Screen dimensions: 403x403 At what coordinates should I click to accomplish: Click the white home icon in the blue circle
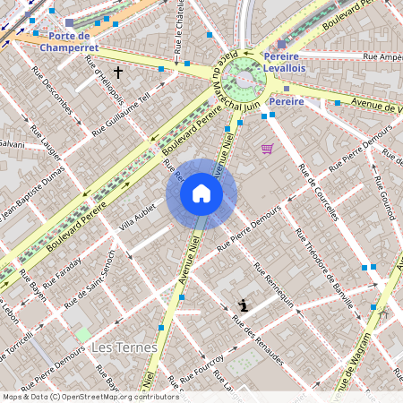point(201,193)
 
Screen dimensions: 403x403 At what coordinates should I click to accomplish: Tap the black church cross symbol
point(117,70)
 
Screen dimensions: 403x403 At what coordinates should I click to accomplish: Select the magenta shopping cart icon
point(266,149)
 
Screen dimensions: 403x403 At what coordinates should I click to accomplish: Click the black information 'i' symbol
point(243,305)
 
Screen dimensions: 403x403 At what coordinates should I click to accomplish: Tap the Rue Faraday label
point(63,274)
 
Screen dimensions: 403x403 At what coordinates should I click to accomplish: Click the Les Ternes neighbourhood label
point(125,347)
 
